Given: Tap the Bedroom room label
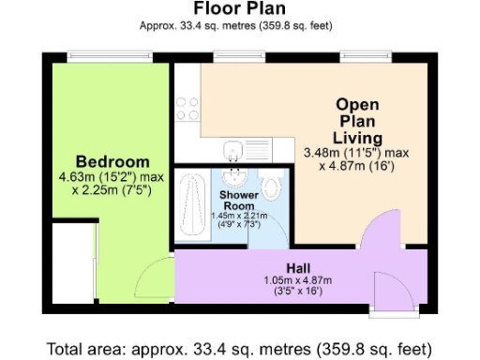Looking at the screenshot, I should pyautogui.click(x=112, y=160).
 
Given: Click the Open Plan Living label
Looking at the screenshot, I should pyautogui.click(x=357, y=120).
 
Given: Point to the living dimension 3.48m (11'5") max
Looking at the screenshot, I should pyautogui.click(x=357, y=153).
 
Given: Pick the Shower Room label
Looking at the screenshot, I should pyautogui.click(x=237, y=200).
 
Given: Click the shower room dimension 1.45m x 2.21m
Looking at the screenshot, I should pyautogui.click(x=237, y=215).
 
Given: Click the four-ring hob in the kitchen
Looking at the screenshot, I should pyautogui.click(x=184, y=111).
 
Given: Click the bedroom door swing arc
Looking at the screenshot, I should pyautogui.click(x=150, y=277).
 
